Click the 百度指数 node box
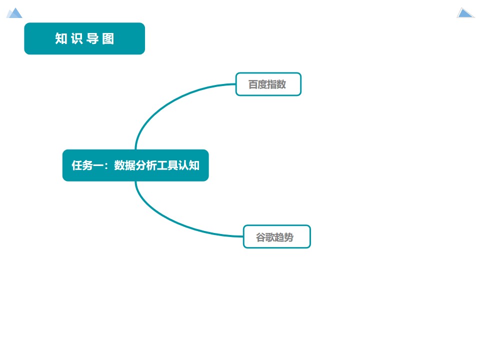coord(268,84)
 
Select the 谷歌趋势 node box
coord(276,236)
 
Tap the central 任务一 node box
coord(135,165)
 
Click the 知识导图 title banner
coord(84,38)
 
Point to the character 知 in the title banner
coord(61,38)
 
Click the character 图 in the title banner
coord(108,38)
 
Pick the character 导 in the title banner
coord(92,38)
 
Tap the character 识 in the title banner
coord(76,38)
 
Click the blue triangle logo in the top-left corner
coord(14,13)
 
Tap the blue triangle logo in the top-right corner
coord(465,13)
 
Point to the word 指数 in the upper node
coord(277,84)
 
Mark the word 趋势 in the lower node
coord(284,237)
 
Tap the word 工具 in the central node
coord(167,165)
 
